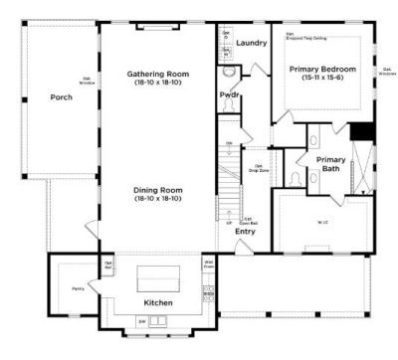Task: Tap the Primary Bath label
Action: tap(330, 163)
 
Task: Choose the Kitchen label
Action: tap(159, 300)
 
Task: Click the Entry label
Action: tap(245, 232)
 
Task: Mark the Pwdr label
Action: tap(229, 94)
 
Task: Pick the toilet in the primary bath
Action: tap(298, 179)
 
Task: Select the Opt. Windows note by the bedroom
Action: tap(385, 71)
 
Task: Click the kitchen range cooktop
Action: tap(208, 289)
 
